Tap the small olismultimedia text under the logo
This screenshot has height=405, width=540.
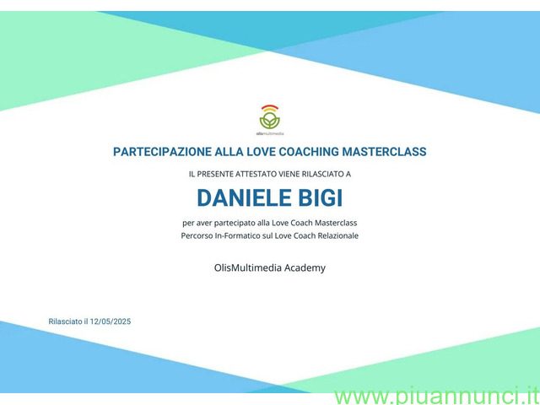point(270,133)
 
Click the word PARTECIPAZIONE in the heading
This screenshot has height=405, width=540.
point(162,152)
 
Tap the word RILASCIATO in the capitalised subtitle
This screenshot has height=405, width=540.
point(322,175)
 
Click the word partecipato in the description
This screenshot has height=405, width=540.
point(234,223)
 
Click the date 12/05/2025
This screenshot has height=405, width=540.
point(111,321)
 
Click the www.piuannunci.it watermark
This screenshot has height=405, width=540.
point(437,397)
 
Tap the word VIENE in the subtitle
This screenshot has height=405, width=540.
point(289,175)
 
